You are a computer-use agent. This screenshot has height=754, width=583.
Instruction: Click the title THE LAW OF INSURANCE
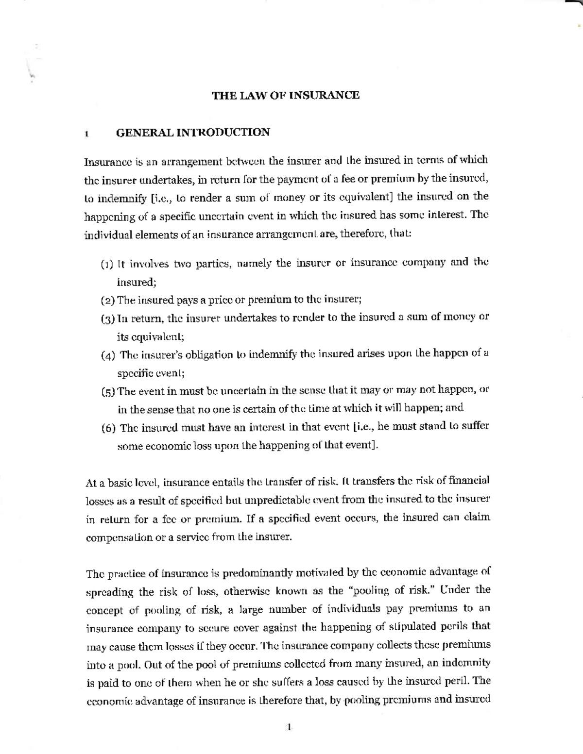click(x=286, y=95)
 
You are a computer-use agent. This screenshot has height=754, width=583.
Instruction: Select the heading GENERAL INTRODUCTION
click(x=193, y=133)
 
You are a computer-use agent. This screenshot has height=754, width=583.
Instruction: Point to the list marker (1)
click(x=107, y=265)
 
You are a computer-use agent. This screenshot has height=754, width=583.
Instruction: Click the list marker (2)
click(x=107, y=301)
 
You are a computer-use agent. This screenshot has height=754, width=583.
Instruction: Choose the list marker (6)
click(x=109, y=428)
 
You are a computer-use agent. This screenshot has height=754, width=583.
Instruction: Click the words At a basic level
click(x=121, y=483)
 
